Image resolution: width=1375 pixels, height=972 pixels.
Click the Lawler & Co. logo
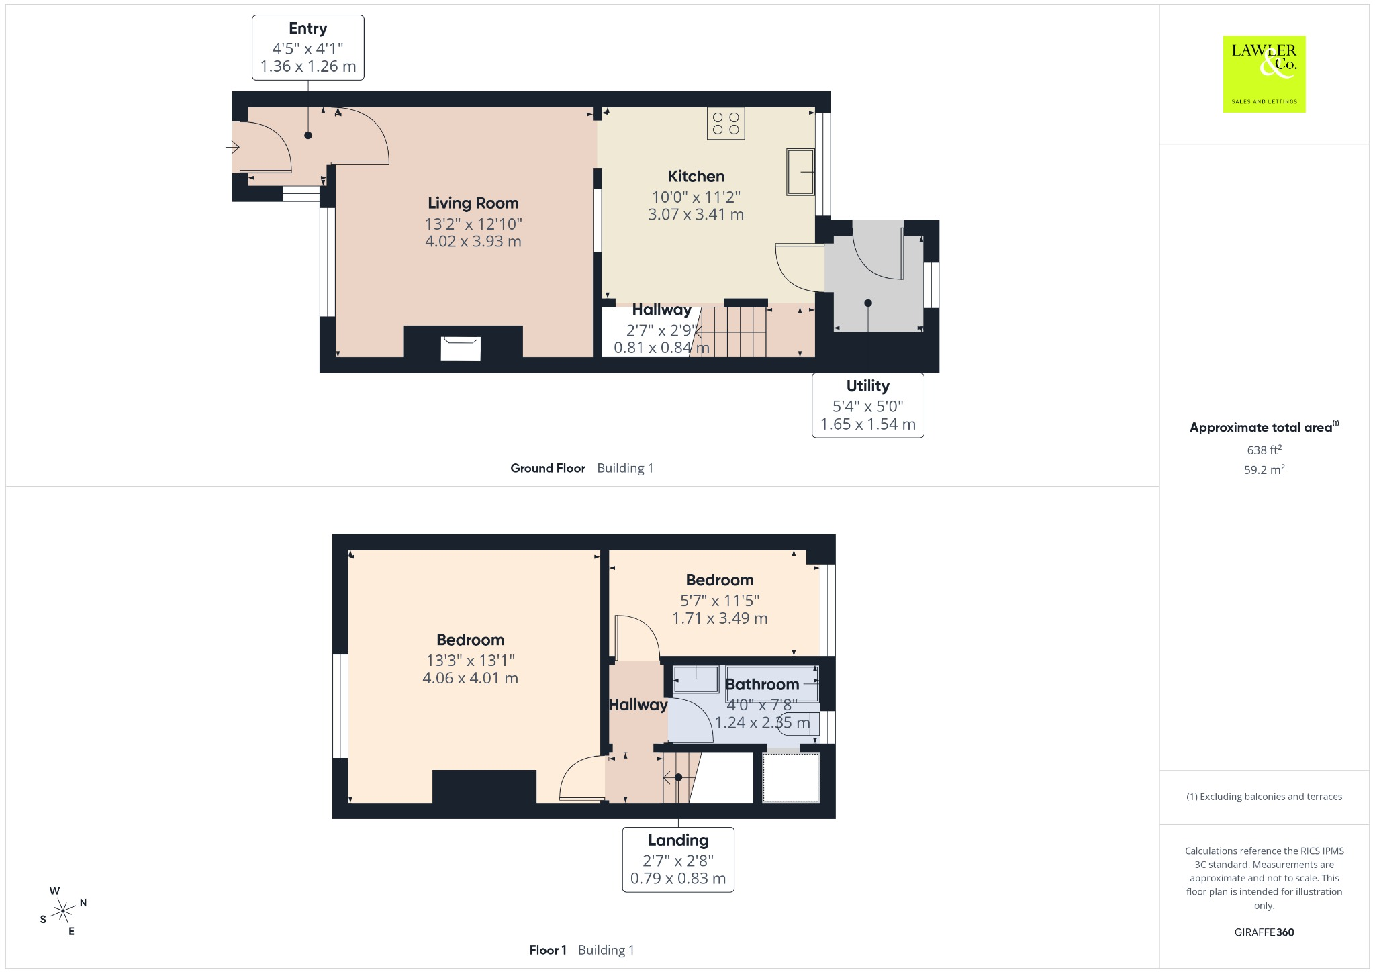point(1264,74)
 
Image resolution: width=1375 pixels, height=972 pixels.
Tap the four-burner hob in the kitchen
point(726,124)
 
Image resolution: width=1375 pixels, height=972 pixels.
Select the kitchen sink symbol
point(800,172)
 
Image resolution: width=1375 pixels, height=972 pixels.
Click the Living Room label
point(473,203)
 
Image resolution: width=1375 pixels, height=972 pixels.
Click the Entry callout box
point(308,48)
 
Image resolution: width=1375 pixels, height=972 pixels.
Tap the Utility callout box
point(868,405)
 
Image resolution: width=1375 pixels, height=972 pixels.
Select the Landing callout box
point(678,859)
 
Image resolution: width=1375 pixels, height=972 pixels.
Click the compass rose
point(64,911)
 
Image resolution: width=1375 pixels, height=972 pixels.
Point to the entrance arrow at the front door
point(232,146)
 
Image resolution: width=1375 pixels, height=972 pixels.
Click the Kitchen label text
point(696,176)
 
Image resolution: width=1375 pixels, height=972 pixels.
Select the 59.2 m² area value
point(1264,469)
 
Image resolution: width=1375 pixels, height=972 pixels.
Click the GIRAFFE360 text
point(1264,932)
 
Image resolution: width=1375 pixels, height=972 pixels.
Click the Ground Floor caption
point(548,468)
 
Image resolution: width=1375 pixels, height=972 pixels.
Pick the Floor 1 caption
point(548,950)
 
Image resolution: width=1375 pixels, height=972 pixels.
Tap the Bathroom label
point(762,684)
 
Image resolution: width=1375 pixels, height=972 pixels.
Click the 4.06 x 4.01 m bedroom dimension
point(470,678)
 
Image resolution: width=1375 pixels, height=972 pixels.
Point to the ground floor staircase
point(733,332)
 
